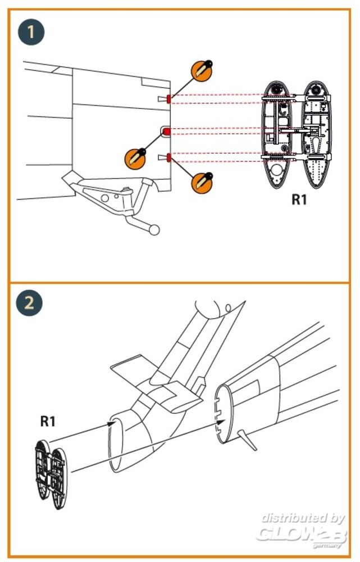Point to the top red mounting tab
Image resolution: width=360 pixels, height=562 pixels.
(x=169, y=99)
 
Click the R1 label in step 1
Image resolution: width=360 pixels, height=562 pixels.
(x=299, y=199)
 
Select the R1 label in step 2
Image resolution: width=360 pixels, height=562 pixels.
(x=51, y=420)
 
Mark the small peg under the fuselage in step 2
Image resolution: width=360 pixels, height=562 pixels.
(x=248, y=441)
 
